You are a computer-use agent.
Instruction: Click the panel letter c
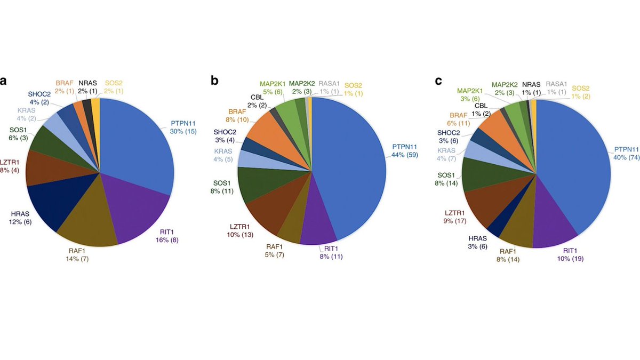[438, 81]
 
